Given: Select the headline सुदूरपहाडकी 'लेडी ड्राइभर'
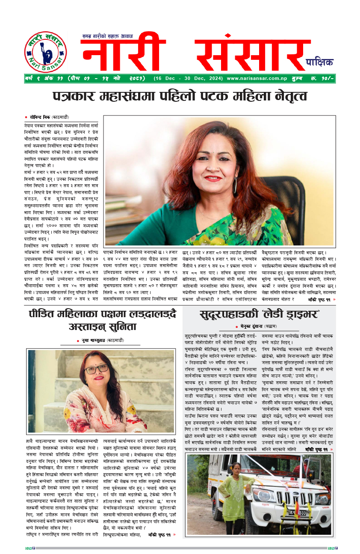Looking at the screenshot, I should (x=260, y=315).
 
